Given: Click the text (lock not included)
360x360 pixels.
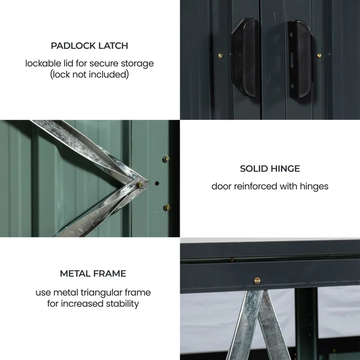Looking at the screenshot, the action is [90, 74].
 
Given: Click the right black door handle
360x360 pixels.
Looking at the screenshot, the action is [300, 59].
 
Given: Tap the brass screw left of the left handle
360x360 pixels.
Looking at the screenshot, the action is [221, 56].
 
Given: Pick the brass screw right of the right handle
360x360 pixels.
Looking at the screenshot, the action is [319, 56].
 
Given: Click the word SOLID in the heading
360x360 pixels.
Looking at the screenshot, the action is [254, 169].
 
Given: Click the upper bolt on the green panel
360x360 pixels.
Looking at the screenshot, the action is [166, 159].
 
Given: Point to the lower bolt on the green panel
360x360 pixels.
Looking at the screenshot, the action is [167, 207].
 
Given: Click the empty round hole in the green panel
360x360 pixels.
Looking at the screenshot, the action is [157, 183].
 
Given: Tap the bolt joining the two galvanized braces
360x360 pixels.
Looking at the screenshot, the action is [139, 185].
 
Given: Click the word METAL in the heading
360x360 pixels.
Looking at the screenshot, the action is [75, 274].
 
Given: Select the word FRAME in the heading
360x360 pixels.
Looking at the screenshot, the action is [110, 274].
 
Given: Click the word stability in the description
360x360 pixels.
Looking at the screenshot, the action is [123, 304].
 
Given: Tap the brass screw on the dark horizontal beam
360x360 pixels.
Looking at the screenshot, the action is [257, 280].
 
